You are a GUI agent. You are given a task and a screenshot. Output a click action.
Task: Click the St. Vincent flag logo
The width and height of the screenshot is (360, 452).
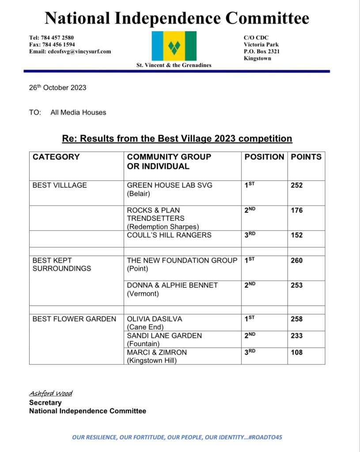pyautogui.click(x=174, y=46)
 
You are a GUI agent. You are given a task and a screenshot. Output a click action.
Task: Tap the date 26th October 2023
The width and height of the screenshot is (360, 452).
pyautogui.click(x=57, y=87)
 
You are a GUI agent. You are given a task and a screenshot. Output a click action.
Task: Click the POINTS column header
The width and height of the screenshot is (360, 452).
pyautogui.click(x=306, y=157)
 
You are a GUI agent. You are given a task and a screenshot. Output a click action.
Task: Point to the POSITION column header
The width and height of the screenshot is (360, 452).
pyautogui.click(x=264, y=157)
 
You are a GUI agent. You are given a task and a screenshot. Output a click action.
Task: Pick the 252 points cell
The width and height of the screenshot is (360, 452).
pyautogui.click(x=297, y=186)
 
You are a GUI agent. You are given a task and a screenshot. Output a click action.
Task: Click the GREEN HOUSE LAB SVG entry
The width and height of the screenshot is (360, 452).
pyautogui.click(x=170, y=185)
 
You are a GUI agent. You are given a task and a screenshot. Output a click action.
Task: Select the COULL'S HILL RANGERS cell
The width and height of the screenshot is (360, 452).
pyautogui.click(x=169, y=235)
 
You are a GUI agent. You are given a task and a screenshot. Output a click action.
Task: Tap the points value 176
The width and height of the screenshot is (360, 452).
pyautogui.click(x=297, y=211)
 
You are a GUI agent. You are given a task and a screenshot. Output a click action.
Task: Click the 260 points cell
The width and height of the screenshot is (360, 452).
pyautogui.click(x=297, y=261)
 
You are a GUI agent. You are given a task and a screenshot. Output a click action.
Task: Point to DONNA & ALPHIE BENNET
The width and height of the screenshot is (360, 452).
pyautogui.click(x=172, y=285)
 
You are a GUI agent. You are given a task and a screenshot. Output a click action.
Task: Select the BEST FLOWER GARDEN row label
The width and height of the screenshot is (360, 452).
pyautogui.click(x=74, y=319)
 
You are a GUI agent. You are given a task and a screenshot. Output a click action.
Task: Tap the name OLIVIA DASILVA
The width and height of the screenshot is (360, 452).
pyautogui.click(x=155, y=319)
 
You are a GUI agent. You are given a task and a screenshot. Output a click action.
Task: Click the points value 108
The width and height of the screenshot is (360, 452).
pyautogui.click(x=297, y=353)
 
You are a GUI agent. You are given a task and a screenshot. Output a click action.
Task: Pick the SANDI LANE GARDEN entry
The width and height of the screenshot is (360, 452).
pyautogui.click(x=164, y=336)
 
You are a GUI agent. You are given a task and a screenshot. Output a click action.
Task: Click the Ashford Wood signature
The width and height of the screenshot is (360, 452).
pyautogui.click(x=51, y=393)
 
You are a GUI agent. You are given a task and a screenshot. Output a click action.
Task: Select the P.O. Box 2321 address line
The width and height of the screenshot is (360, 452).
pyautogui.click(x=261, y=51)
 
